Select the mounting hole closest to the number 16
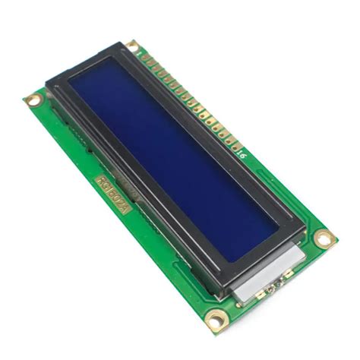point(325,239)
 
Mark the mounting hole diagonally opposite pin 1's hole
point(214,324)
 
